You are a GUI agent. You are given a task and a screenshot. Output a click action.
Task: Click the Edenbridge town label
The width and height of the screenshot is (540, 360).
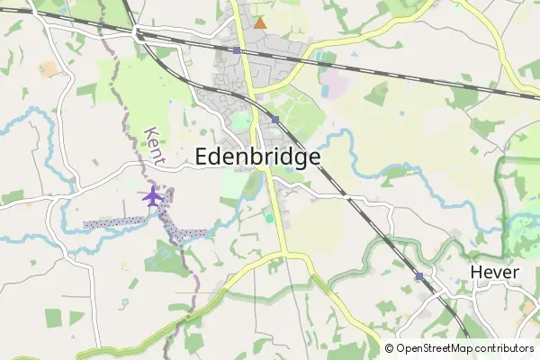coord(257,157)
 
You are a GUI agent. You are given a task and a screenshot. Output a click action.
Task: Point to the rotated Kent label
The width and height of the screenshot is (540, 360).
coord(154,145)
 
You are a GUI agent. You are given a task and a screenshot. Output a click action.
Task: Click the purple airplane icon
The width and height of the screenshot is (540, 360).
coord(152,196)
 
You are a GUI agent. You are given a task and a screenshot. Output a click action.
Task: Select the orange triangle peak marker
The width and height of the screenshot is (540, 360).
coord(260,22)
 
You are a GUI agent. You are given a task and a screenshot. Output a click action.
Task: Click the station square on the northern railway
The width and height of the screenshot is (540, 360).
coord(237,50)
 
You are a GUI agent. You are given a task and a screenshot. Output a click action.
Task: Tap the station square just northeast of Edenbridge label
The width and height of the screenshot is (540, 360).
coord(275,120)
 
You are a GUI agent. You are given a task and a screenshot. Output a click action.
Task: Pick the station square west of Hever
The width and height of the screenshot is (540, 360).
coord(419,276)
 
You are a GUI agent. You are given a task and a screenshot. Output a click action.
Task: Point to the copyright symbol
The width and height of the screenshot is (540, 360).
coord(390,348)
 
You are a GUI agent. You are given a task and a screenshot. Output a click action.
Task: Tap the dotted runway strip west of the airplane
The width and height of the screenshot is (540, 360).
coord(112,220)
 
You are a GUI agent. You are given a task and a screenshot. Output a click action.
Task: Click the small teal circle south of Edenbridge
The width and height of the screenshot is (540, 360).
coord(268,217)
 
